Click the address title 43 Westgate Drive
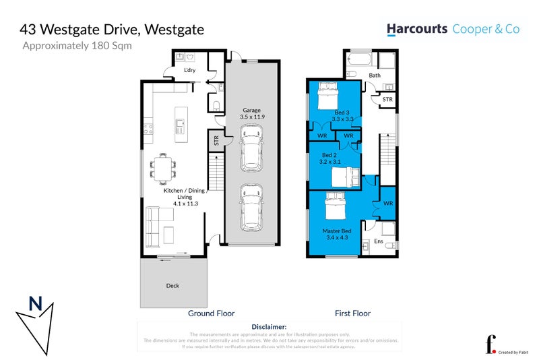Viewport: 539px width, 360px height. [111, 30]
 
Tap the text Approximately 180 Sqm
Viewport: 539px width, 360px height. [77, 47]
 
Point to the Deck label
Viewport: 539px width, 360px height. [173, 286]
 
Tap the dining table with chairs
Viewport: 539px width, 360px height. [162, 167]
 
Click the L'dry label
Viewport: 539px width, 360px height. [191, 70]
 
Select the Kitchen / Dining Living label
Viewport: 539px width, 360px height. [184, 196]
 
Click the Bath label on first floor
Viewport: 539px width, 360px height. [375, 76]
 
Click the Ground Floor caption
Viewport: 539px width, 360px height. [211, 313]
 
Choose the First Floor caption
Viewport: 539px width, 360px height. [352, 313]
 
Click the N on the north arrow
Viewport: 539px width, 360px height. [34, 305]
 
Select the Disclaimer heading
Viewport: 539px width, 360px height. [269, 326]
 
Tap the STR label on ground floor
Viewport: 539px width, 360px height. [216, 142]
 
